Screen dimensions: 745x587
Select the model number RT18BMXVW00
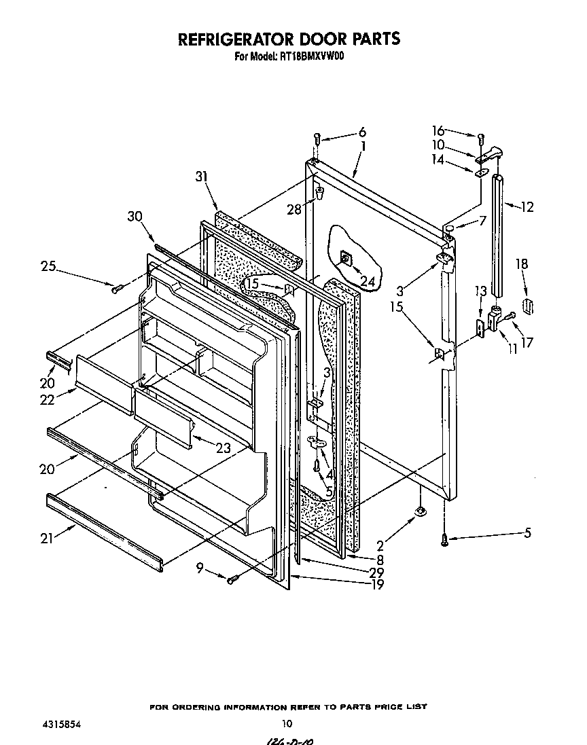[x=311, y=57]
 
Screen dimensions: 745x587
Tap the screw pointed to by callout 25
[x=116, y=289]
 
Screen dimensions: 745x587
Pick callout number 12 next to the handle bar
[x=527, y=207]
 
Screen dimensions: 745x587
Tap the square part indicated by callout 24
[x=346, y=258]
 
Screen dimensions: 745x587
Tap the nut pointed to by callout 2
[x=421, y=510]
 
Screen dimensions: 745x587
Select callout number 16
[x=438, y=130]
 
